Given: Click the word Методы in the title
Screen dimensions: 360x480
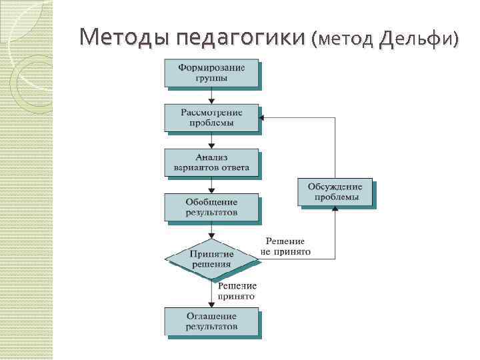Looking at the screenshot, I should pos(125,39).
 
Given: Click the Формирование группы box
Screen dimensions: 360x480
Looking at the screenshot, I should pos(211,73).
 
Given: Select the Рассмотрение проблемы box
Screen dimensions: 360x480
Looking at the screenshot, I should pos(211,117).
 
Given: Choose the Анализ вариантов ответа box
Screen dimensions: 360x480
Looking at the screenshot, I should pos(211,162).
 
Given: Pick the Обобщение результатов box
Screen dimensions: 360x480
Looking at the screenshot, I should pos(211,207).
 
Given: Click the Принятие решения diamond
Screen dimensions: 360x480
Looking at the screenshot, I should pos(211,259).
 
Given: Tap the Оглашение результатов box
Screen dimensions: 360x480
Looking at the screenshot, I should pos(211,321).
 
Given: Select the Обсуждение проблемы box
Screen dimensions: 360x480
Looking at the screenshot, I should pos(335,192).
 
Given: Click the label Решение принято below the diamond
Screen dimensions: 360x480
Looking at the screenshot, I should pos(237,291).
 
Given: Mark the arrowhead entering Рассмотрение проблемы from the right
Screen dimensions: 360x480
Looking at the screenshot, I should pos(263,117).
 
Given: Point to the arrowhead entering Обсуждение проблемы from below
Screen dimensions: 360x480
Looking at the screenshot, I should pos(335,209).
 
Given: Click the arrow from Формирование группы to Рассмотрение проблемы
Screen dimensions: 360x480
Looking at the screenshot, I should pos(211,95).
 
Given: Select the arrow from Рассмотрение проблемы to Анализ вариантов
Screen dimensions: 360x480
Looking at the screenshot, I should pos(211,140).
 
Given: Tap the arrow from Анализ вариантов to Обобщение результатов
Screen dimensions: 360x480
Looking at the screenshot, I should pos(211,185).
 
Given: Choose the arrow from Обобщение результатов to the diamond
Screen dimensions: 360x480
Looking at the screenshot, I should pos(211,231).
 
